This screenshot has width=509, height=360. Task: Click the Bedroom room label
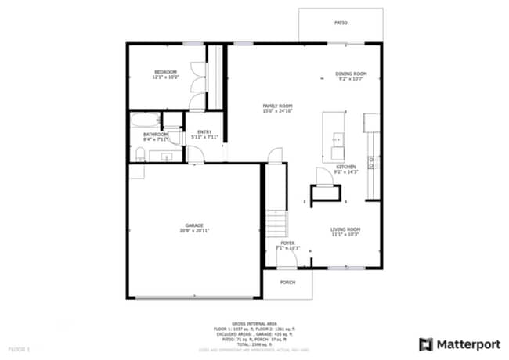click(x=164, y=72)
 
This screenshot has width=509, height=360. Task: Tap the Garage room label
click(x=194, y=225)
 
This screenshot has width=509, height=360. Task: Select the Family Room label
click(x=277, y=106)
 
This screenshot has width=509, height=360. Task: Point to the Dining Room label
click(x=352, y=74)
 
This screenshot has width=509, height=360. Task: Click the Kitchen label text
click(x=346, y=167)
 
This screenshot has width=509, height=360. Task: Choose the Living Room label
click(x=345, y=229)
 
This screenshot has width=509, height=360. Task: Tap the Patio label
click(x=341, y=23)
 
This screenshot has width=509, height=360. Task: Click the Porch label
click(x=287, y=283)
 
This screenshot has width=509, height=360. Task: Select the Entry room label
click(x=204, y=131)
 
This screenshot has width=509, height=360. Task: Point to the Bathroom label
click(x=155, y=134)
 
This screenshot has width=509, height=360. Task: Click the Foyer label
click(x=288, y=243)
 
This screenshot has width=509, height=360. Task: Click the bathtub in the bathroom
click(x=146, y=121)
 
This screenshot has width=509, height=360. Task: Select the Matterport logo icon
click(x=426, y=344)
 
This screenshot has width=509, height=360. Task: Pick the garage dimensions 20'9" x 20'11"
click(x=194, y=230)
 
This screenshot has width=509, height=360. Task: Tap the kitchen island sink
click(x=337, y=142)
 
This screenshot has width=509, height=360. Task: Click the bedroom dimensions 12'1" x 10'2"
click(x=164, y=77)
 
